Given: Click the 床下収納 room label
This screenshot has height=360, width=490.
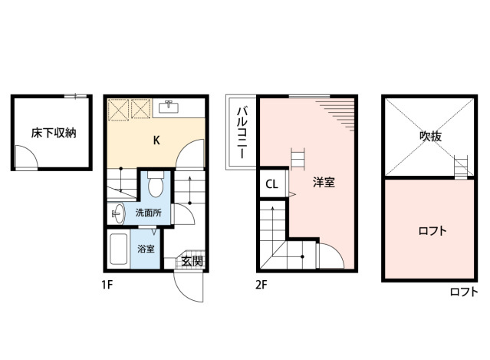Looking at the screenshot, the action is tap(54, 134).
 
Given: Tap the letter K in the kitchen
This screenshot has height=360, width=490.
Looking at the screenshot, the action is tap(156, 140).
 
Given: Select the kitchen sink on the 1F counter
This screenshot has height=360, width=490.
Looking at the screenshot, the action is tap(169, 107).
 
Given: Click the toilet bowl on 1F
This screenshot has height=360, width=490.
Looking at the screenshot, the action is tap(156, 184).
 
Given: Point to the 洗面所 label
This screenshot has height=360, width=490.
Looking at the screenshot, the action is tap(149, 213).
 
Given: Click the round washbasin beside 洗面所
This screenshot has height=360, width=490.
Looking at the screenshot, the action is tap(117, 213).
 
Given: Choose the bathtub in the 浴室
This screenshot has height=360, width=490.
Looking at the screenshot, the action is tap(119, 249).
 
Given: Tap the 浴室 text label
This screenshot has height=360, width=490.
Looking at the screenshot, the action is tap(146, 249).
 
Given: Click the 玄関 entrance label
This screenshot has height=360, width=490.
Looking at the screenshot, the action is tap(192, 261).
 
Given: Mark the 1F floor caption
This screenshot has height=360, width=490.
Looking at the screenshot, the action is tap(107, 285).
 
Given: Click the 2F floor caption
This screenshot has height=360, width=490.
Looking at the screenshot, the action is tap(261, 285).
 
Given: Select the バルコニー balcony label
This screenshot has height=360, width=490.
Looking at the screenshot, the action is tap(242, 133).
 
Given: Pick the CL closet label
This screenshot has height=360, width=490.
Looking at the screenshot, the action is tap(271, 184).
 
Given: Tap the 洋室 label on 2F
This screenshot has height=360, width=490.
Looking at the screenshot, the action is tap(324, 183).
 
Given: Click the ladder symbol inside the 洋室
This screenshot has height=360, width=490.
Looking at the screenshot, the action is tap(298, 159).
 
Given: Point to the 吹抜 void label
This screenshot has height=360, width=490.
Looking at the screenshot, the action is tap(431, 137).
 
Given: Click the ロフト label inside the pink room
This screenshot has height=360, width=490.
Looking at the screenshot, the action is tap(432, 231).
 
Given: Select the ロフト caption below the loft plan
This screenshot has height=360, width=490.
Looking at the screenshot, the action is tap(464, 292).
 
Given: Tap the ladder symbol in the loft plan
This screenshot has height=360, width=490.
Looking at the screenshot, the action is tap(461, 167).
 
